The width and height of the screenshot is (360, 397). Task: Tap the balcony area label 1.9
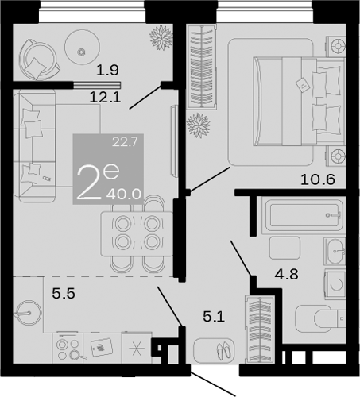[x=107, y=70]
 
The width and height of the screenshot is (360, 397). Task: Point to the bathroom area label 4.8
[x=286, y=278]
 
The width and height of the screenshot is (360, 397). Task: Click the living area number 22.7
[x=124, y=143]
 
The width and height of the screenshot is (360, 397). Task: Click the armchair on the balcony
[x=36, y=59]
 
